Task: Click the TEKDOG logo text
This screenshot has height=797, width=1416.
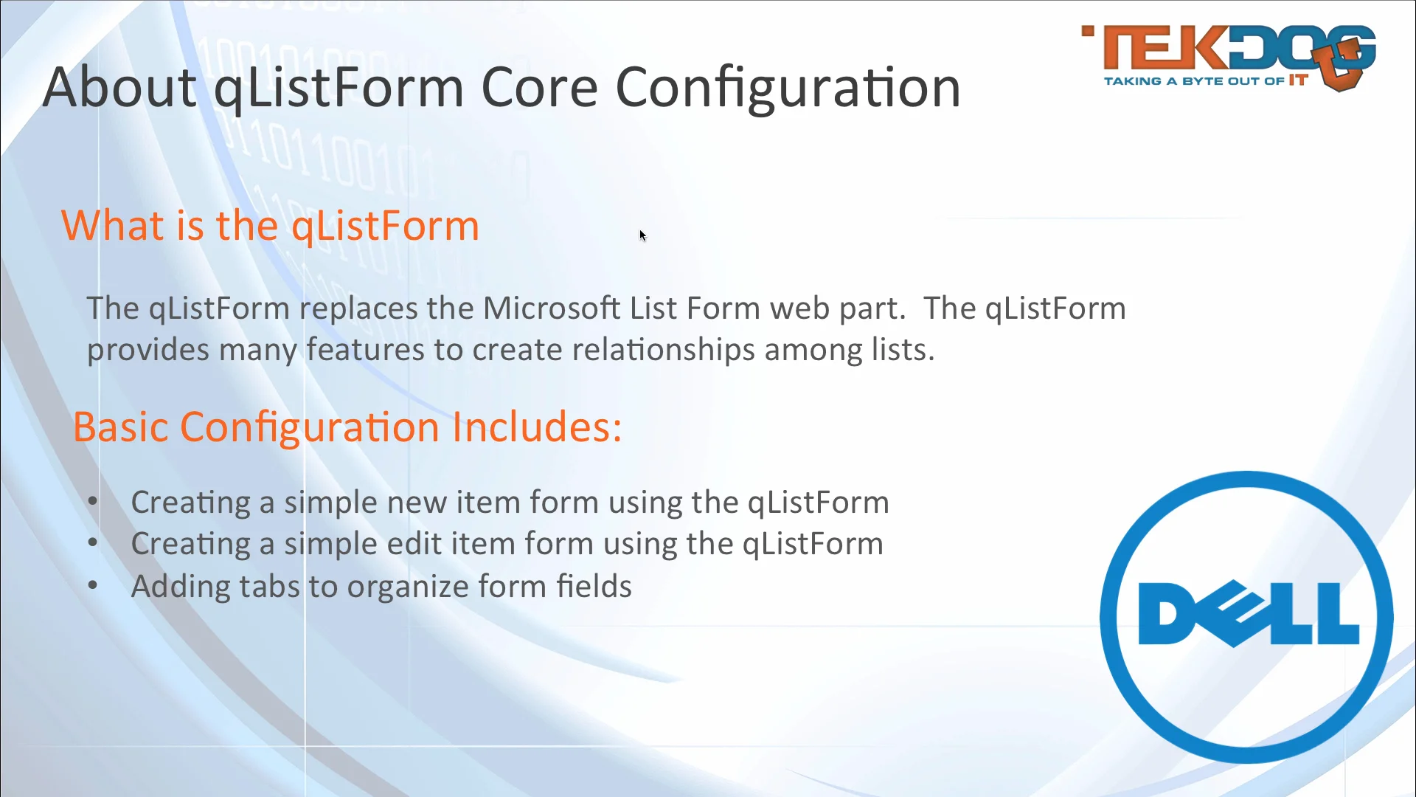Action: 1209,50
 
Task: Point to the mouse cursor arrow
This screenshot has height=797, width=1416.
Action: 642,235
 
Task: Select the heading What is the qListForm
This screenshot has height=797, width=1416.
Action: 270,225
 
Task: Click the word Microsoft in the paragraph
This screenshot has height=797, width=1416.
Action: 551,308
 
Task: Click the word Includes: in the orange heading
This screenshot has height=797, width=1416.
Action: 537,427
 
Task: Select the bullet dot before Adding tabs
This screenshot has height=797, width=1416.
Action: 93,586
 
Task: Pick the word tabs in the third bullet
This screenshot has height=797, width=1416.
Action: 269,587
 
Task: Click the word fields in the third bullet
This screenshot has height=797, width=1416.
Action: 594,587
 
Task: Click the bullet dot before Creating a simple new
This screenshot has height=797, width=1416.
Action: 93,502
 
